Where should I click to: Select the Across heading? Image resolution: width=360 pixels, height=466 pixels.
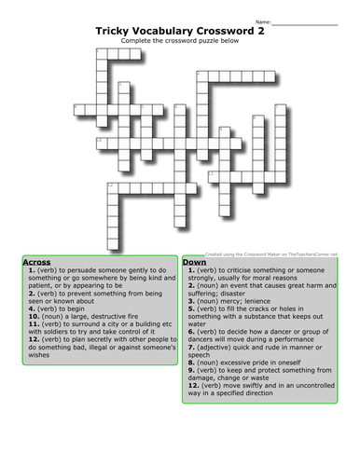(36, 262)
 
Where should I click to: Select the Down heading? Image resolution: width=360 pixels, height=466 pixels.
(195, 262)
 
